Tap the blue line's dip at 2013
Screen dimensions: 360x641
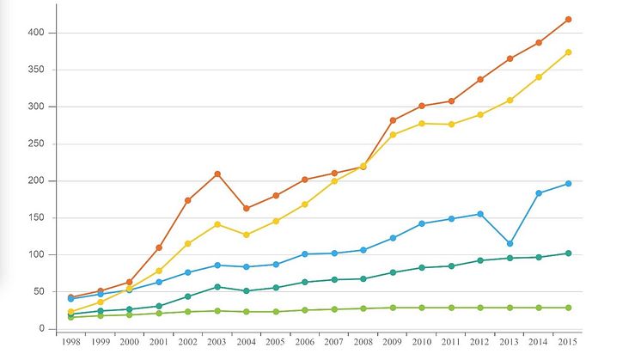(x=510, y=244)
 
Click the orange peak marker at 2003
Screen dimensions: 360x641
(x=217, y=174)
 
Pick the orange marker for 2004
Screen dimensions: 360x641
(x=247, y=208)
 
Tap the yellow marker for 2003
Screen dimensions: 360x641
(x=217, y=224)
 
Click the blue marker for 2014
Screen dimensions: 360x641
(x=539, y=193)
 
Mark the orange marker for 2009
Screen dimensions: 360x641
(x=393, y=120)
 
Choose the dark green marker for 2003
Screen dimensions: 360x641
(x=217, y=287)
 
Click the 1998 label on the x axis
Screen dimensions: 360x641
(x=70, y=342)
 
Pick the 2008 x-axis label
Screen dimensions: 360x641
(x=363, y=342)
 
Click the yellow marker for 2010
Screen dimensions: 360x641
(x=422, y=124)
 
